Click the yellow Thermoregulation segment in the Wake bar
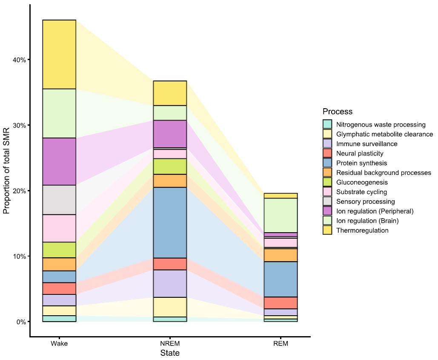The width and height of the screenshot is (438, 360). (59, 54)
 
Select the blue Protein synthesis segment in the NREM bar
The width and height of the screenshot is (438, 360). (170, 222)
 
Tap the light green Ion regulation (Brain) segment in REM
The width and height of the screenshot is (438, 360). (281, 215)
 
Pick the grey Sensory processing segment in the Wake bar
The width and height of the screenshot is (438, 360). (59, 200)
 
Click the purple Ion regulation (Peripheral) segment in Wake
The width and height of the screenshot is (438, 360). (59, 161)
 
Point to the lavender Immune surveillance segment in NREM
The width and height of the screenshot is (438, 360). (170, 283)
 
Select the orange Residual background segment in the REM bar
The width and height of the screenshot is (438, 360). (281, 255)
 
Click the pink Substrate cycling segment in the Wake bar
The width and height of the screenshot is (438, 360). (59, 228)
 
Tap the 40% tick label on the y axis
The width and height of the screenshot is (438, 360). (19, 60)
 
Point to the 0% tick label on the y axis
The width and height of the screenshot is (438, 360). (20, 322)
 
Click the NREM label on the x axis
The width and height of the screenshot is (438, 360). (170, 344)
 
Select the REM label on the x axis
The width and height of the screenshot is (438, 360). (281, 344)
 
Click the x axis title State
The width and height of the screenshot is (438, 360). (170, 353)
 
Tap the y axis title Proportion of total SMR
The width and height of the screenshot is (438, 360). (7, 170)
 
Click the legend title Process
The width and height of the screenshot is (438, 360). (337, 112)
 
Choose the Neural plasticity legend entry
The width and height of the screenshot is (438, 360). (360, 153)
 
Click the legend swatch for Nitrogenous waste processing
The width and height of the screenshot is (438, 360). (327, 124)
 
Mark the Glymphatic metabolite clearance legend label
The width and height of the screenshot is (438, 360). (384, 134)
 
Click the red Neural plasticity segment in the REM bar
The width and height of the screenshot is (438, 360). (281, 302)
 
